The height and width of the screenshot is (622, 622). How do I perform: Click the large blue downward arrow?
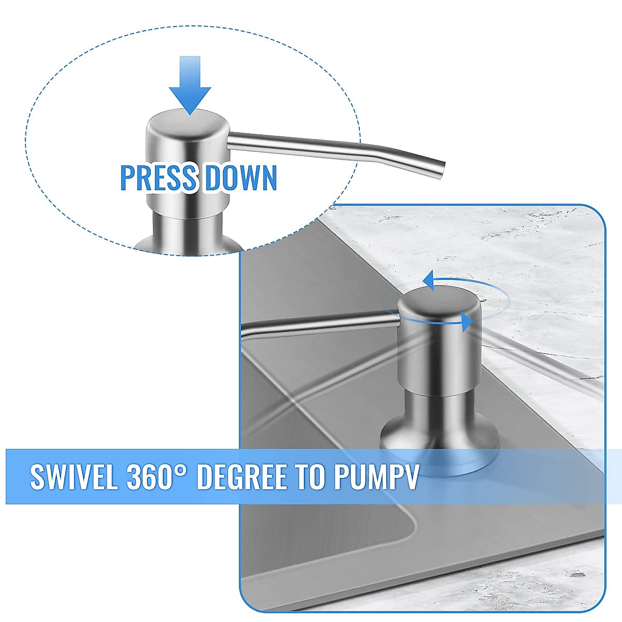(190, 86)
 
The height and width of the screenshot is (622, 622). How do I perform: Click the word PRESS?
(158, 178)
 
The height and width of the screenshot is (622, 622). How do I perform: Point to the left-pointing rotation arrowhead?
(429, 280)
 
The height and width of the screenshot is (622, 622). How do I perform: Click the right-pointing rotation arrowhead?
(467, 321)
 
